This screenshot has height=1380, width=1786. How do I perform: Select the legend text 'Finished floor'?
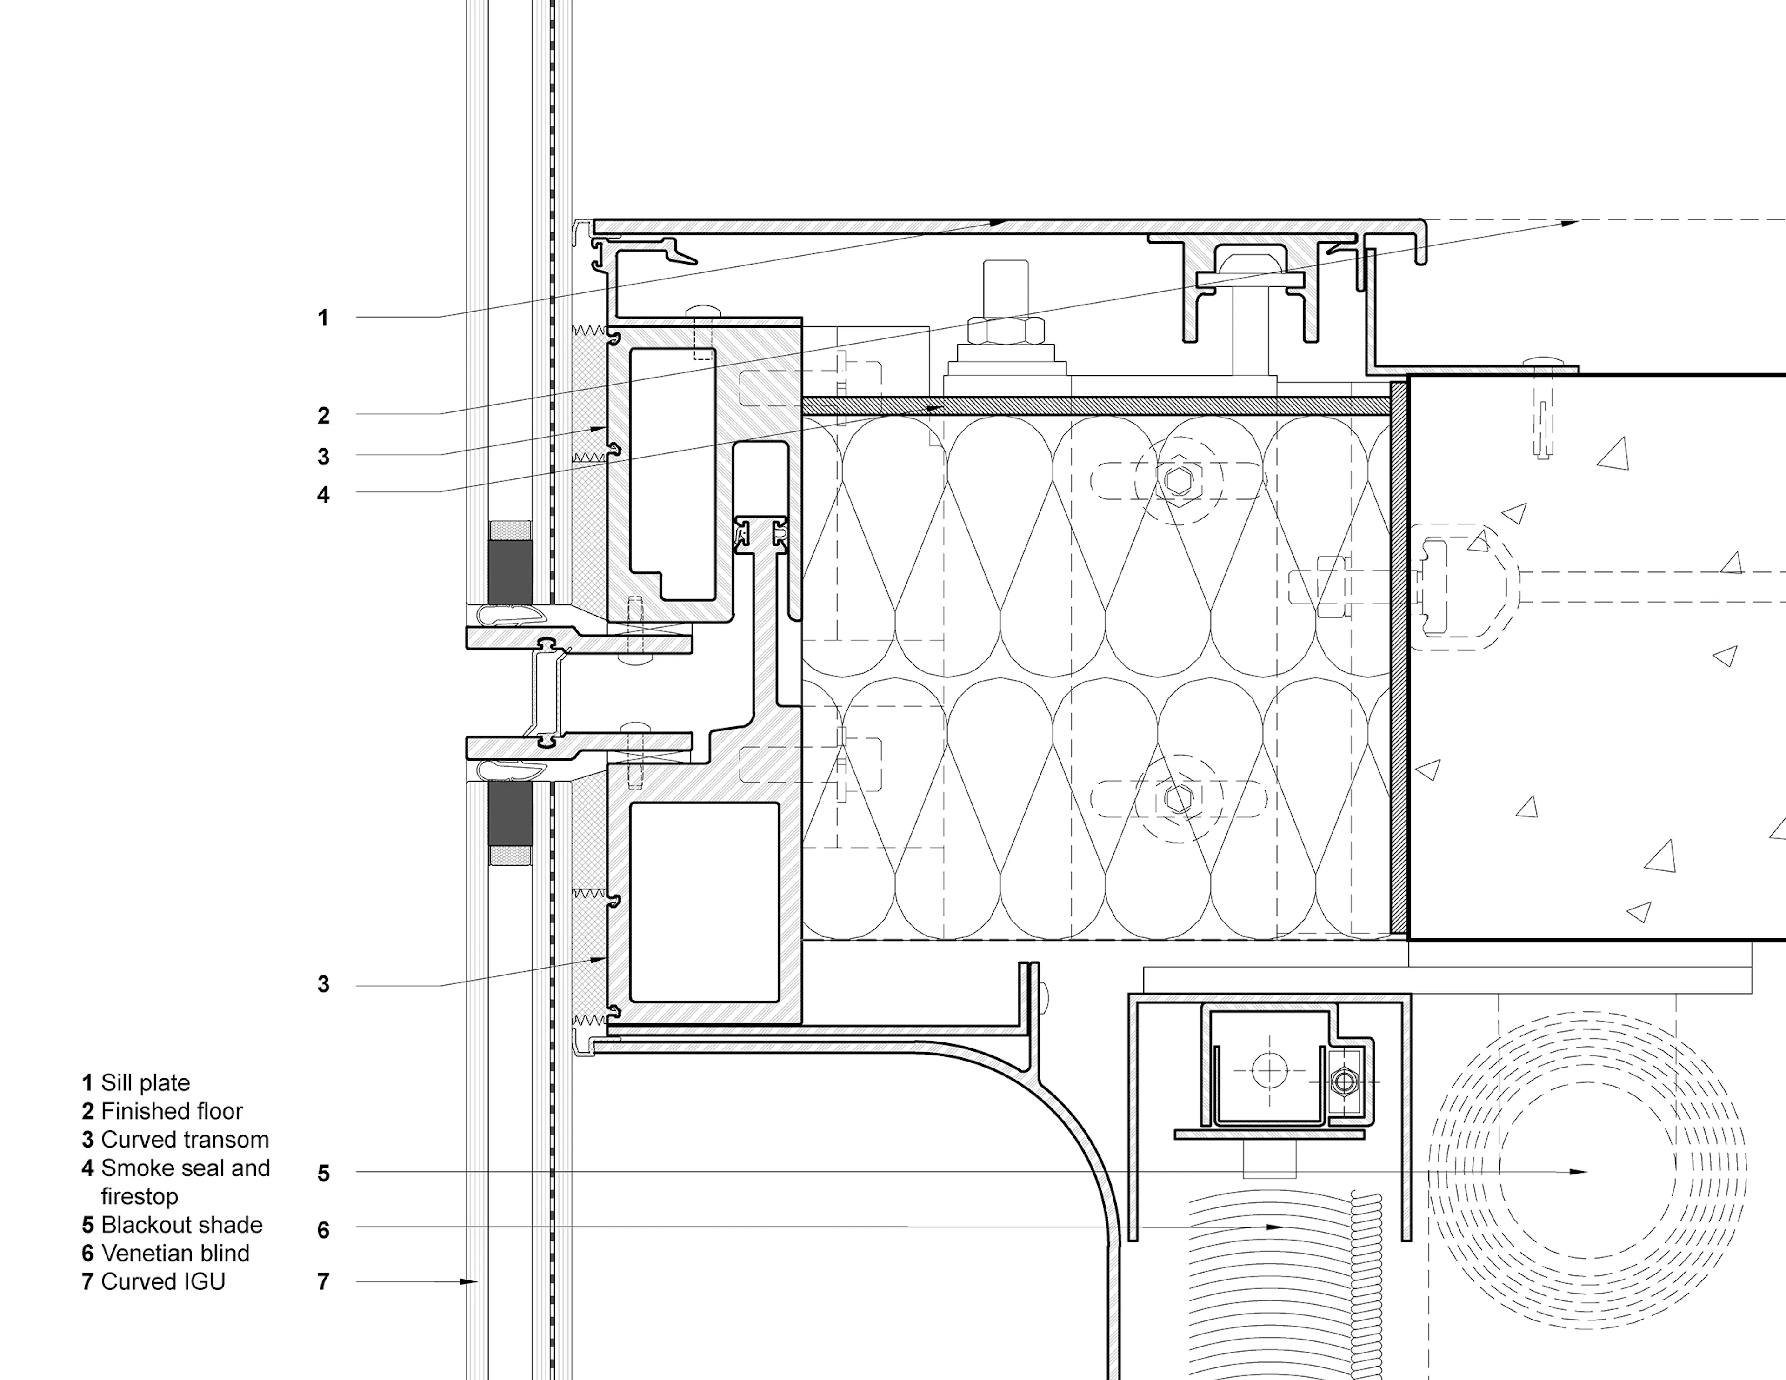(172, 1112)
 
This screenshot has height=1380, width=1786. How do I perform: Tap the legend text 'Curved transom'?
(185, 1140)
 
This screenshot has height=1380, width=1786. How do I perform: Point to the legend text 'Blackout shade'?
(181, 1225)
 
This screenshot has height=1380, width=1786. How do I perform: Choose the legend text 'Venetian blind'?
(175, 1253)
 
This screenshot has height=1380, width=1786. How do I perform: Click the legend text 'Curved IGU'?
(163, 1282)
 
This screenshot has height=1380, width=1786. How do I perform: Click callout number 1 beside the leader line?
(323, 318)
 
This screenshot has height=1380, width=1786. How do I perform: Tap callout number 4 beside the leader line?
(323, 495)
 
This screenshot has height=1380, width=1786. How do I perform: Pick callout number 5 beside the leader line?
(323, 1174)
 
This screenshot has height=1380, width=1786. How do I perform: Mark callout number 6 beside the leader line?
(323, 1230)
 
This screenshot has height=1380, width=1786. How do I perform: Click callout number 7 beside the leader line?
(323, 1282)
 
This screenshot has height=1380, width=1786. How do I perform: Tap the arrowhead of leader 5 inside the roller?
(1580, 1172)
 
